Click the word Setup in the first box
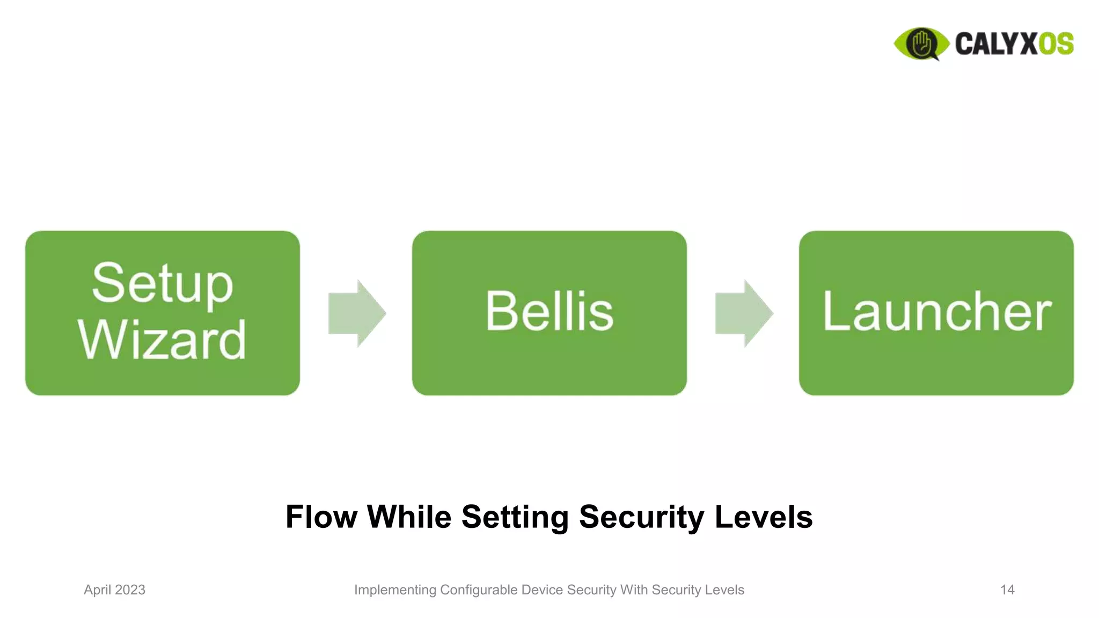162,283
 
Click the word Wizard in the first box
162,340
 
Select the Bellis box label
549,312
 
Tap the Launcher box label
936,312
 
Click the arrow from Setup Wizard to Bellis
356,313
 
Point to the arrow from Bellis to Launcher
743,313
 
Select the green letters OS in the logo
1056,43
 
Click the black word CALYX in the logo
996,43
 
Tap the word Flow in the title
321,517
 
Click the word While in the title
409,517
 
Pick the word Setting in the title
515,517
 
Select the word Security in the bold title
641,517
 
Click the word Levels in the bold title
763,517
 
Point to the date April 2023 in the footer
114,590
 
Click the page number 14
1007,590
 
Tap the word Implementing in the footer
395,590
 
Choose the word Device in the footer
542,590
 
